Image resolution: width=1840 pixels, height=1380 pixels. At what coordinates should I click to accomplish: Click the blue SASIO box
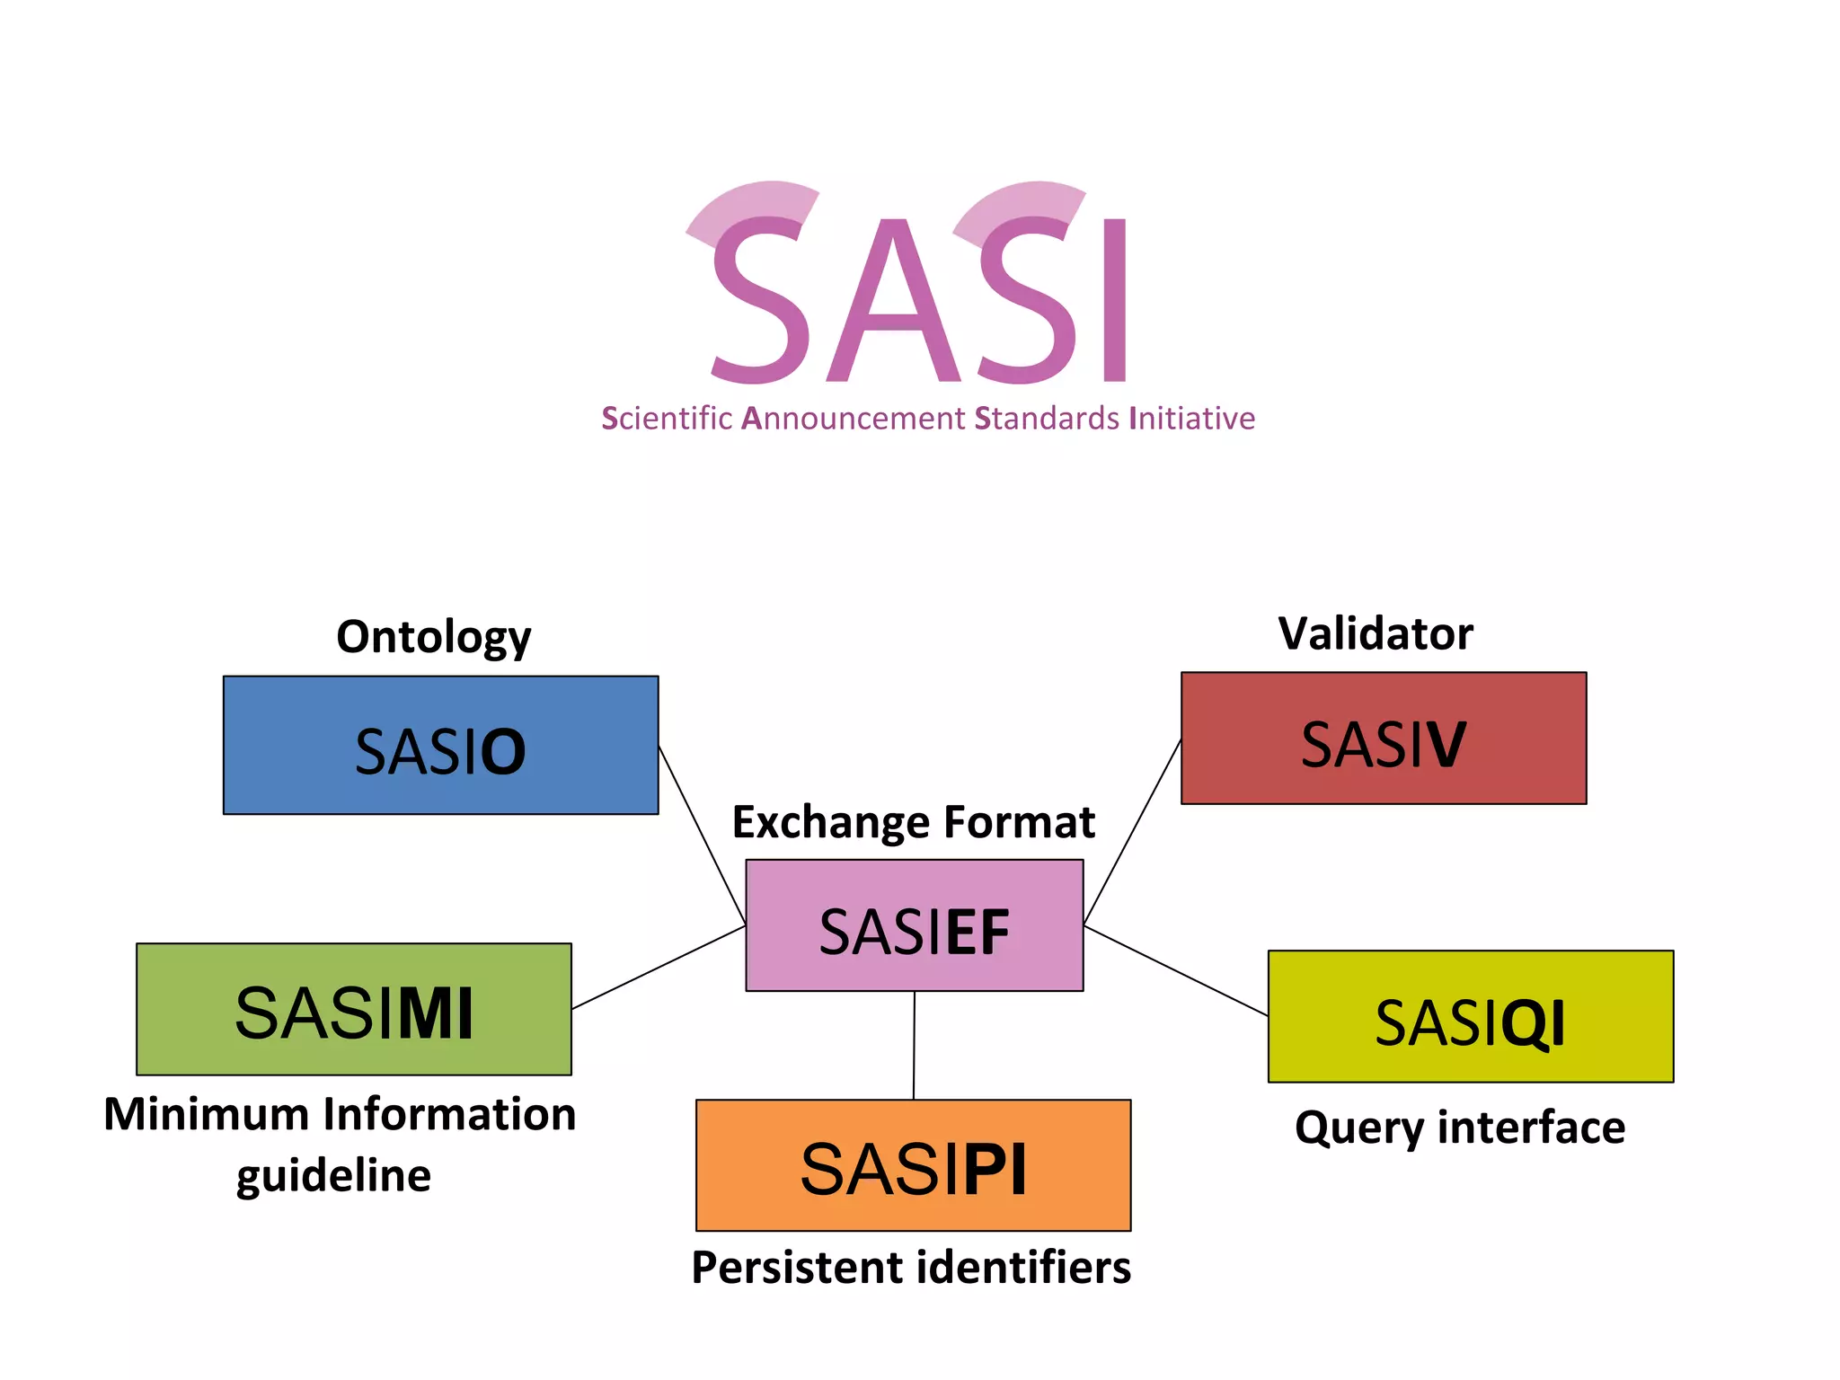440,745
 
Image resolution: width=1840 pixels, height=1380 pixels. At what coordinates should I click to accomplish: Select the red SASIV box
1383,738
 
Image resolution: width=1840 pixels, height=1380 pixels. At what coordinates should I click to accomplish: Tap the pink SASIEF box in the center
914,925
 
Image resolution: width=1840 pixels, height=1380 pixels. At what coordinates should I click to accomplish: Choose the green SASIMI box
353,1009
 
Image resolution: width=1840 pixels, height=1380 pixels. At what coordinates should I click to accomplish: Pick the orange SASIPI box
913,1165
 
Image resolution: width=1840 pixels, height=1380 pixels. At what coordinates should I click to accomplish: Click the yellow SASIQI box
1470,1016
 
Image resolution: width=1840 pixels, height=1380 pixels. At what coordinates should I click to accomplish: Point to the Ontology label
433,637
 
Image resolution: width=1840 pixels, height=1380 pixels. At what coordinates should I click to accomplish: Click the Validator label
1376,633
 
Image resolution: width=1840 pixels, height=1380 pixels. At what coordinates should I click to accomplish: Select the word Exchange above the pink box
830,822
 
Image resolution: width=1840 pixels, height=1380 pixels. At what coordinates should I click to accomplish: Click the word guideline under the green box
333,1176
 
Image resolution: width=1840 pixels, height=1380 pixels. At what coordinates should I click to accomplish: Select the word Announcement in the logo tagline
853,419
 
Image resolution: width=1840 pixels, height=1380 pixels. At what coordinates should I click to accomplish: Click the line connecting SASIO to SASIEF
702,835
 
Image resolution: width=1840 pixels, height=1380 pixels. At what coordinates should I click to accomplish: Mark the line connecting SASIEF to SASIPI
914,1045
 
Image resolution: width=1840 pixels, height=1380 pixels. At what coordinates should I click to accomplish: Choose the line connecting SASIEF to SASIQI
1175,970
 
